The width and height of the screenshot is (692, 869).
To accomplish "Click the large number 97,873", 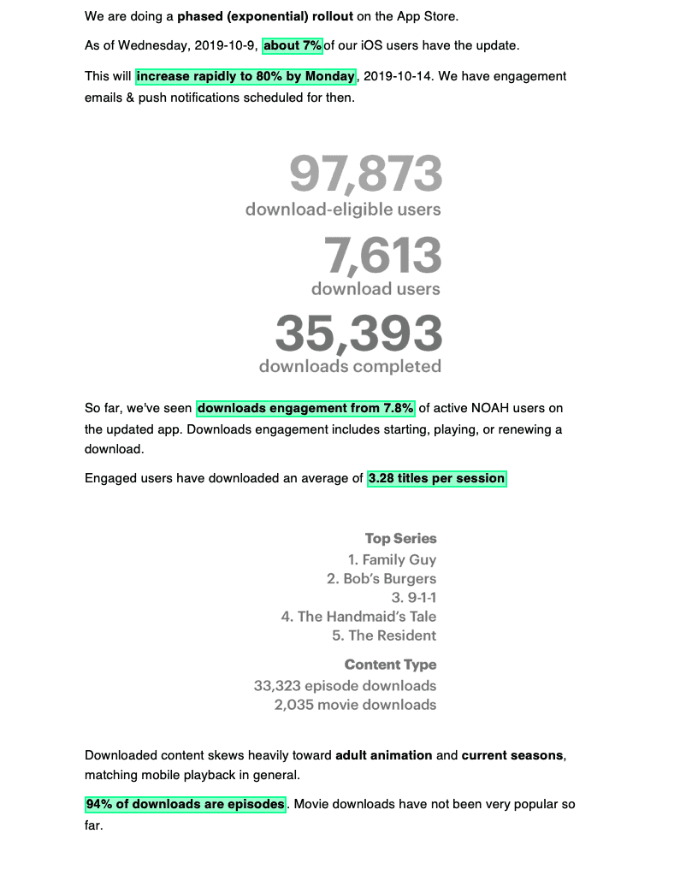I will coord(366,174).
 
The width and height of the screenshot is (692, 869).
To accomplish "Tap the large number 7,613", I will coord(382,255).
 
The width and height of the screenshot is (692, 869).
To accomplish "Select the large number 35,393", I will coord(358,333).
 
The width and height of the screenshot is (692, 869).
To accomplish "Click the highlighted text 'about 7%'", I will coord(293,44).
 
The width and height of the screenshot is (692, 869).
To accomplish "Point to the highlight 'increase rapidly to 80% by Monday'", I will coord(245,76).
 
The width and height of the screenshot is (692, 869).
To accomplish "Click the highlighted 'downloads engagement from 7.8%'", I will coord(306,408).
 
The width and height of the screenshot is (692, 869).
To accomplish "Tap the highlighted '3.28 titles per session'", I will coord(436,478).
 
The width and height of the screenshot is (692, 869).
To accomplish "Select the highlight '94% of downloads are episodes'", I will coord(185,805).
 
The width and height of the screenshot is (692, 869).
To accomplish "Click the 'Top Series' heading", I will coord(400,538).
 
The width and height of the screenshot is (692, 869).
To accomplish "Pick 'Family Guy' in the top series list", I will coord(392,559).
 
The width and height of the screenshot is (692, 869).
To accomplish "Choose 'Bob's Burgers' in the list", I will coord(381,578).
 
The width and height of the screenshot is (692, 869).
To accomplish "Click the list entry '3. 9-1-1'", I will coord(414,597).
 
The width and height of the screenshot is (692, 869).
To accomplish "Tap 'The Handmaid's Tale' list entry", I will coord(358,616).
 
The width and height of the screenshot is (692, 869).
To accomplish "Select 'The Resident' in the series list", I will coord(384,635).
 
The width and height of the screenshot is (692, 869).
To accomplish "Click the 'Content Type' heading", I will coord(390,665).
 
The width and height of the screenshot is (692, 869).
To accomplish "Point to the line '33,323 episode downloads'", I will coord(345,685).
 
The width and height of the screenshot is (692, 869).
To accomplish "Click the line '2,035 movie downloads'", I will coord(355,704).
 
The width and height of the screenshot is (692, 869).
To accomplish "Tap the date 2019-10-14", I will coord(397,76).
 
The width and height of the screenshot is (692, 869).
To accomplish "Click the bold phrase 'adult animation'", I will coord(384,755).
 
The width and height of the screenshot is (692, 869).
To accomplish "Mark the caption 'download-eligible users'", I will coord(343,209).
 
